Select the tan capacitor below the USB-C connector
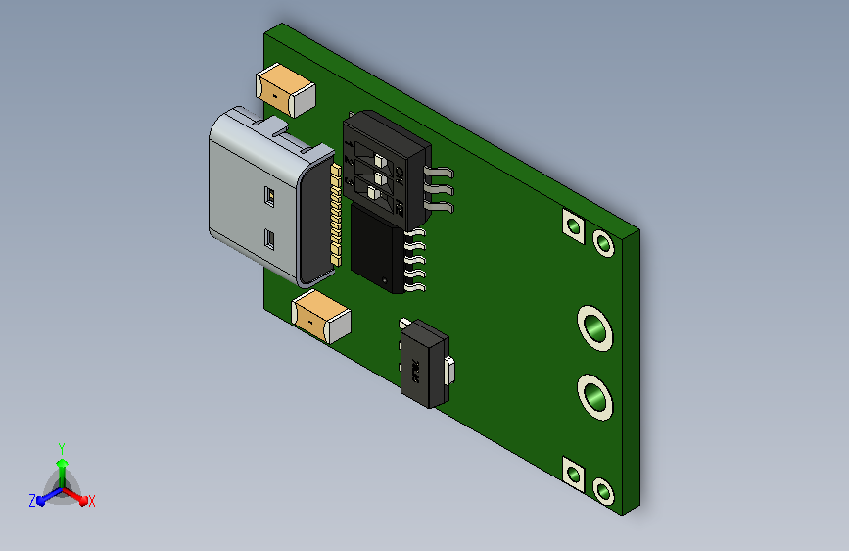click(x=321, y=316)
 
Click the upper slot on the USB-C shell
click(x=269, y=196)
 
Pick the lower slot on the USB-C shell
click(x=270, y=239)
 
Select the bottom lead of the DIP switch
click(x=441, y=207)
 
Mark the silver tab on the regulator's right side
click(x=450, y=373)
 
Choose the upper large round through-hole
click(x=593, y=327)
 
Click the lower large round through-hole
click(x=593, y=397)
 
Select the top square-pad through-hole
click(x=572, y=226)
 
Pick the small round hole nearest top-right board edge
click(x=604, y=243)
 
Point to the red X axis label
click(x=92, y=501)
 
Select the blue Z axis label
click(x=32, y=501)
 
